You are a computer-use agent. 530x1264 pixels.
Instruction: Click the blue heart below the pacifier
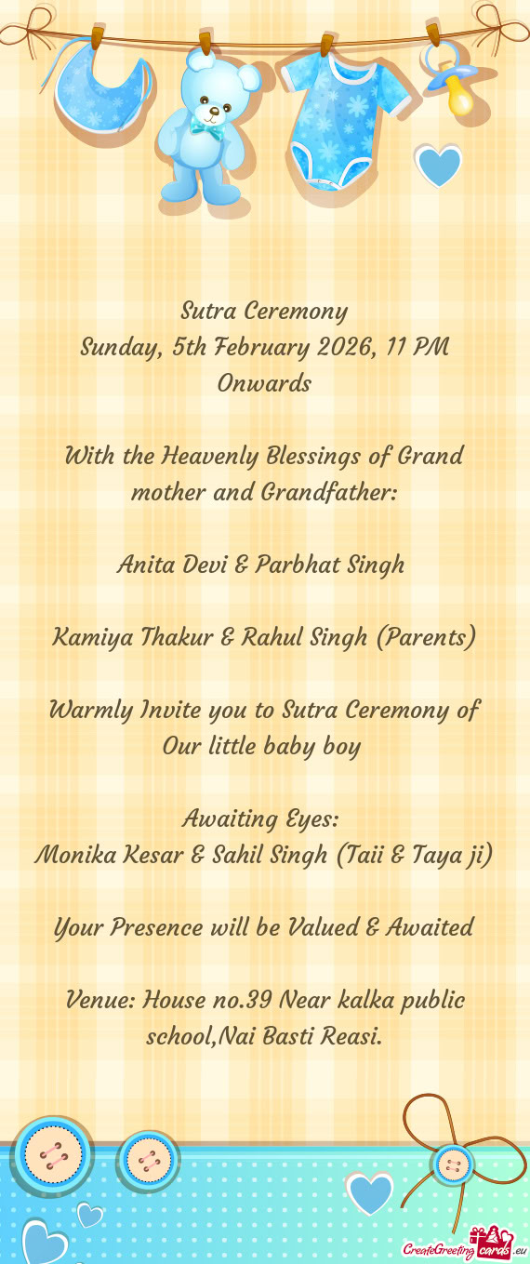point(438,166)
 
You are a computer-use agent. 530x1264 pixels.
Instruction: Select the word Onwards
point(264,383)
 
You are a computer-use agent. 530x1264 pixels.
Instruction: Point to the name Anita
point(145,565)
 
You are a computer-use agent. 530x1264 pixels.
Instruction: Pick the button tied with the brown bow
point(454,1164)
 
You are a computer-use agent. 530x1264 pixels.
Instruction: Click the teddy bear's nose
point(215,110)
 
